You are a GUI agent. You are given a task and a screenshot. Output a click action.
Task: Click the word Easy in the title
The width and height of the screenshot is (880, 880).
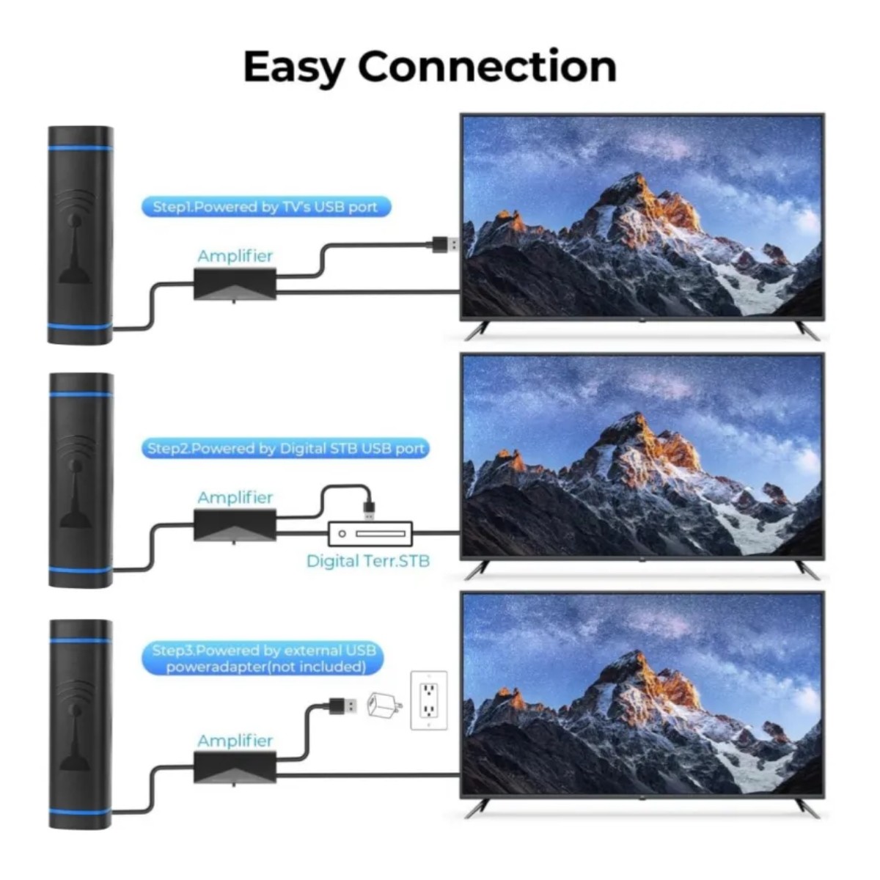pyautogui.click(x=293, y=68)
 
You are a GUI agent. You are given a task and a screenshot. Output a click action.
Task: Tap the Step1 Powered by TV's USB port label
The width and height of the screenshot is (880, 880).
pyautogui.click(x=265, y=207)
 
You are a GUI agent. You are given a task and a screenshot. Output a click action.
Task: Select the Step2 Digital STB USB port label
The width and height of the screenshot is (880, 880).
pyautogui.click(x=286, y=449)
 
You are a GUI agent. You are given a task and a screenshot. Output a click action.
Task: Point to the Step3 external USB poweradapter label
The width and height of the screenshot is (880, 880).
pyautogui.click(x=263, y=659)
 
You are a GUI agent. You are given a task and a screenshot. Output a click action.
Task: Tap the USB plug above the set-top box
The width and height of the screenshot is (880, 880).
pyautogui.click(x=369, y=510)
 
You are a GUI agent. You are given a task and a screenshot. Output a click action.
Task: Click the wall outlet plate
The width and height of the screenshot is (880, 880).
pyautogui.click(x=429, y=700)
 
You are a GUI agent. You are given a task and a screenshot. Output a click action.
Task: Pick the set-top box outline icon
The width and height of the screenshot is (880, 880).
pyautogui.click(x=370, y=533)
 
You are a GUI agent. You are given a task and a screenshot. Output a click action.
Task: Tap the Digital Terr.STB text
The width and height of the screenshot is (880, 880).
pyautogui.click(x=368, y=561)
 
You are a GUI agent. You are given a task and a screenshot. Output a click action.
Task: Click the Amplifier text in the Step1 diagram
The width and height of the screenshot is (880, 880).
pyautogui.click(x=235, y=256)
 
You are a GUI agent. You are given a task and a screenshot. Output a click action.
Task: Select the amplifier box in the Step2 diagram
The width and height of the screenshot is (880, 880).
pyautogui.click(x=235, y=526)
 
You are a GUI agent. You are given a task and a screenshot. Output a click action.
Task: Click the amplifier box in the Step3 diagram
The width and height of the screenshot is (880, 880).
pyautogui.click(x=235, y=768)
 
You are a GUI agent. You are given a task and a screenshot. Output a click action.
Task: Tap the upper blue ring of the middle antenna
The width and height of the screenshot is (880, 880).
pyautogui.click(x=81, y=394)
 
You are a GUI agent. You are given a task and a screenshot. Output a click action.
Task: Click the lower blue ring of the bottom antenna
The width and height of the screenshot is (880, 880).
pyautogui.click(x=81, y=812)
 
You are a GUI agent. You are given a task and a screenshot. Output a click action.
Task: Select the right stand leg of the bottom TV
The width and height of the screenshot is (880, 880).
pyautogui.click(x=808, y=809)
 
